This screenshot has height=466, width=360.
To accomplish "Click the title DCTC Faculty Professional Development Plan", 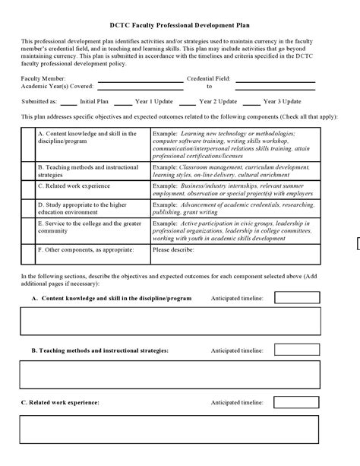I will (180, 24).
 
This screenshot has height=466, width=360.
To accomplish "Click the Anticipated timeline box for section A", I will (296, 298).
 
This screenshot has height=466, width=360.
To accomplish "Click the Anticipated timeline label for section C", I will (237, 402).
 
